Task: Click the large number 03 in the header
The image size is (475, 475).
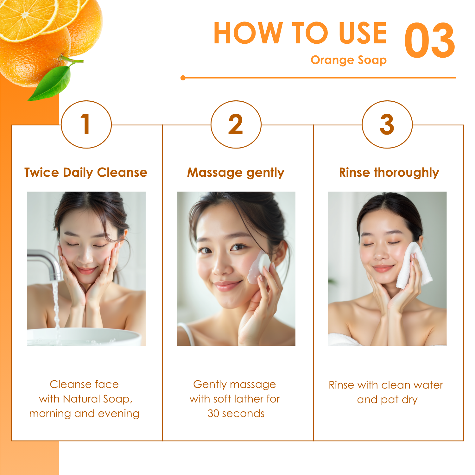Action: [x=430, y=40]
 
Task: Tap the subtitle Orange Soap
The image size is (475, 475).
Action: [x=348, y=60]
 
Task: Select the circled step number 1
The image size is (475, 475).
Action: [x=86, y=124]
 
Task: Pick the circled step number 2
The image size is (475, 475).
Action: [x=236, y=124]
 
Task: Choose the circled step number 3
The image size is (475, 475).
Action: [x=387, y=124]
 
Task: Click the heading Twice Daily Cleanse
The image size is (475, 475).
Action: [x=86, y=173]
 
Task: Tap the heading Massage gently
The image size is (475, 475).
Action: [x=236, y=173]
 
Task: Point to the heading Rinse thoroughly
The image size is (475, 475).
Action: [x=389, y=173]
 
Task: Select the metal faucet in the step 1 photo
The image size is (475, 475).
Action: [x=46, y=263]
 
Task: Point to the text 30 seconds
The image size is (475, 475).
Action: [x=236, y=414]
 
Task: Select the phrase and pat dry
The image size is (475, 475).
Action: [x=387, y=400]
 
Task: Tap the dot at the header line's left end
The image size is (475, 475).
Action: [x=183, y=78]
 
